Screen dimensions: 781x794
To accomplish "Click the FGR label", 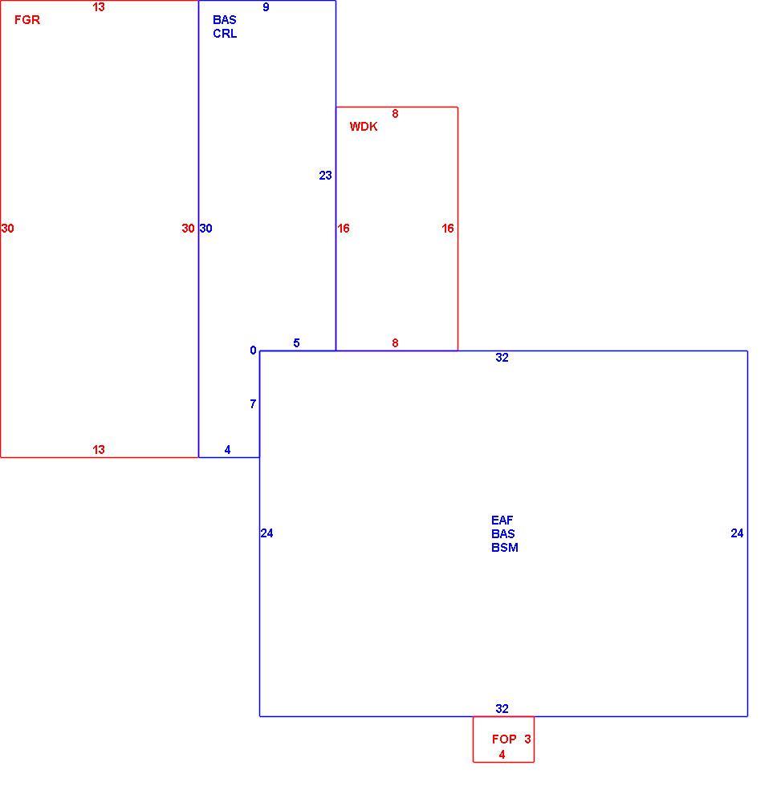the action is (x=26, y=20).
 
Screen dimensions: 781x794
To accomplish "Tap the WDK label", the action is (x=364, y=127).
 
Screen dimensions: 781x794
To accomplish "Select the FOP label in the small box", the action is (x=504, y=739).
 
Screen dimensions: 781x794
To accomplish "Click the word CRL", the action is (x=225, y=34).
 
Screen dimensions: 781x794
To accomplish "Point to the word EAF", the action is (x=502, y=520).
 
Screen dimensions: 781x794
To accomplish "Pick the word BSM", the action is (x=504, y=548).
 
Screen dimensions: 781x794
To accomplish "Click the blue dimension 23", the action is (x=325, y=175).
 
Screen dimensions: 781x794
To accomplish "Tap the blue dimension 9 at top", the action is (x=266, y=7).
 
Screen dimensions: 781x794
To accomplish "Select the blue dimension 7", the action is (x=253, y=404).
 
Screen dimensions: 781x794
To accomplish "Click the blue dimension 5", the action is (x=296, y=342).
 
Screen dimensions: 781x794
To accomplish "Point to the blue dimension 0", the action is (x=253, y=350).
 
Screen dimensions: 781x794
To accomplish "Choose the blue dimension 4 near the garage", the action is (x=228, y=450).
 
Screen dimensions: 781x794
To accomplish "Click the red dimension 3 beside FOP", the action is (x=527, y=739).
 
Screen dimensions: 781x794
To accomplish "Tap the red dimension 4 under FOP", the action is (x=502, y=755).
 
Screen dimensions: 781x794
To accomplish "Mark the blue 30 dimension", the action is (x=205, y=229).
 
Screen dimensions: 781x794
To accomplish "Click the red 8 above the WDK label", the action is (x=395, y=114).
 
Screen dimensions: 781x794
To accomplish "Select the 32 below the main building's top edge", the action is (x=502, y=358).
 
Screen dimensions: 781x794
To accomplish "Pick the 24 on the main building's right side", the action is (x=737, y=533).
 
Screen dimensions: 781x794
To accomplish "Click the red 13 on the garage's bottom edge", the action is (x=98, y=450).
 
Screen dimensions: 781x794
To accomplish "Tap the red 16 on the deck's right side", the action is (x=448, y=229).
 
